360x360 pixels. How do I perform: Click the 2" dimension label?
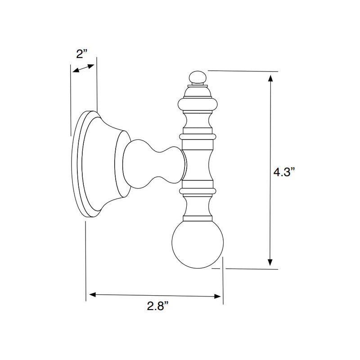pos(81,54)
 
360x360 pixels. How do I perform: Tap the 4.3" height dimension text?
pos(285,172)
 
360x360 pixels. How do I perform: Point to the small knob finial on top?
pos(197,78)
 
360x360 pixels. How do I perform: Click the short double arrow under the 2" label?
pos(84,68)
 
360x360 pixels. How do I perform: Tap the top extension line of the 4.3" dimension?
pos(243,71)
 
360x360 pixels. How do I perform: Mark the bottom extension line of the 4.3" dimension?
pos(252,269)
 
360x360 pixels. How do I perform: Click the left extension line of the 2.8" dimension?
pos(85,261)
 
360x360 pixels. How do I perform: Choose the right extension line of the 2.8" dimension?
pos(223,279)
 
